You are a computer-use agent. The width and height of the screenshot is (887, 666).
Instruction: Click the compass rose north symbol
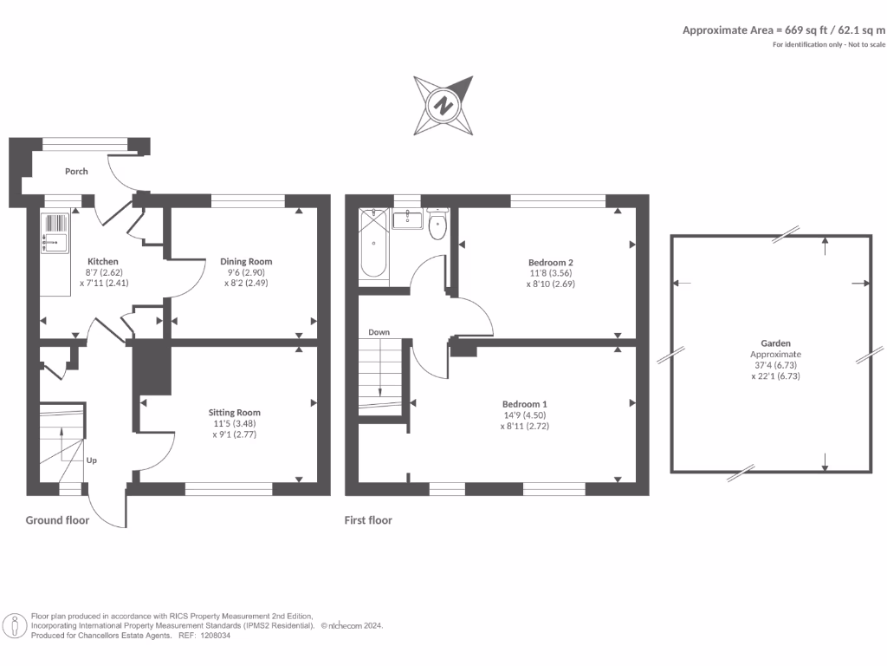click(443, 106)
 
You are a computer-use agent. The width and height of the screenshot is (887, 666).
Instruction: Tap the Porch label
click(76, 172)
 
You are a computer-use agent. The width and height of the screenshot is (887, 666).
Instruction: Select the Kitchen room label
click(102, 261)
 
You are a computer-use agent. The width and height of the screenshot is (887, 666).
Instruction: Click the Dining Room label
click(246, 261)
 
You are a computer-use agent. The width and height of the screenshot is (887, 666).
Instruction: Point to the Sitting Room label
click(234, 413)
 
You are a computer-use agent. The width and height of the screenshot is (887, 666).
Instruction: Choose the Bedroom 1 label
click(525, 404)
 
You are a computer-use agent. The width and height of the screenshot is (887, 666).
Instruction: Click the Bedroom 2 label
click(551, 262)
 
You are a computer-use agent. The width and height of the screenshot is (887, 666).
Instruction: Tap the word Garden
click(770, 343)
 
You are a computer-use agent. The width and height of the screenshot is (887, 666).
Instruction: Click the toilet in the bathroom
click(437, 225)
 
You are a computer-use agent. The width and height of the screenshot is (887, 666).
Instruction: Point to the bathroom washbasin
click(406, 219)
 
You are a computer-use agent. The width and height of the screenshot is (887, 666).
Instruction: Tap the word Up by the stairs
click(91, 460)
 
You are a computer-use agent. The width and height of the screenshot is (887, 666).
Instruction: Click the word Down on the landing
click(379, 332)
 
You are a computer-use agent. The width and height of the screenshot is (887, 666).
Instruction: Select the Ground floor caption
click(56, 520)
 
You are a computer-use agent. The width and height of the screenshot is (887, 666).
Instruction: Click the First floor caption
click(368, 520)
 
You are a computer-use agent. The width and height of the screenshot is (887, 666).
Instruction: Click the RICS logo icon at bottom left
click(15, 624)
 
